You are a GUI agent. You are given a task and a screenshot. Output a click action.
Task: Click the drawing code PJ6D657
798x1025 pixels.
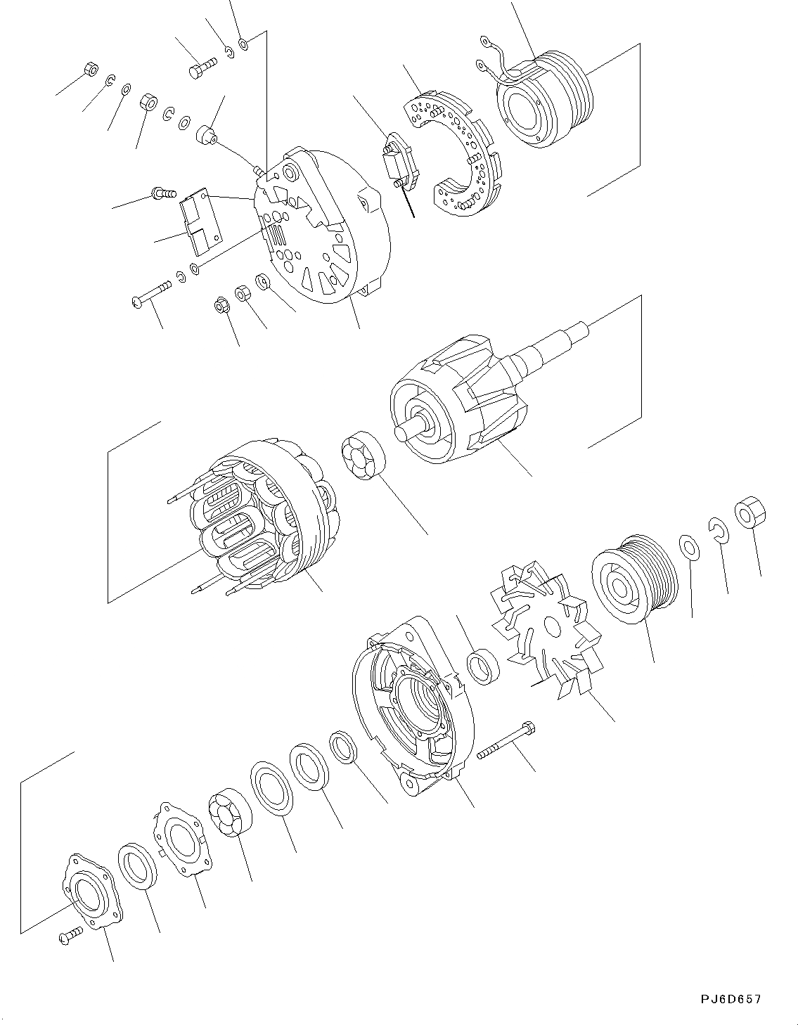(731, 999)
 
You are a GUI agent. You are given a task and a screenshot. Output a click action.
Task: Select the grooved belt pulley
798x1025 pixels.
(633, 578)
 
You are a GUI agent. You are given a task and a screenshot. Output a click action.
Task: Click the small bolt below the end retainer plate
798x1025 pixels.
(70, 934)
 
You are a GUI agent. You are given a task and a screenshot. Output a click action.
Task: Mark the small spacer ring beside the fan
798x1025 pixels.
(483, 666)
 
